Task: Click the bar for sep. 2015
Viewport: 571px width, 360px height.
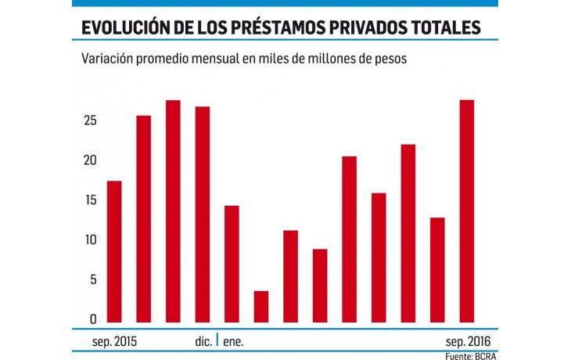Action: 114,251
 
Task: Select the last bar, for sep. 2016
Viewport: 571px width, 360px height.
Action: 466,211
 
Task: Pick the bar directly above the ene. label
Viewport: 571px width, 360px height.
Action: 232,264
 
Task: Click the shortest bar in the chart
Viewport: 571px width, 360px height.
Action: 261,306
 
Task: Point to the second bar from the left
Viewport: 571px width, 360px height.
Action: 144,218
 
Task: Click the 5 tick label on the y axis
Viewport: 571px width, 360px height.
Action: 94,280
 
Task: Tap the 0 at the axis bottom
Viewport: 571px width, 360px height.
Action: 94,319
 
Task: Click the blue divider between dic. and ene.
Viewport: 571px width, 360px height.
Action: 217,341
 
